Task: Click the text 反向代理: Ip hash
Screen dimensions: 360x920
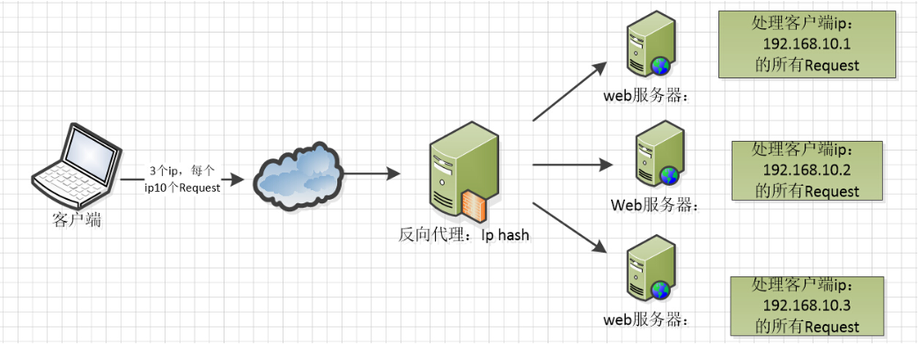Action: tap(464, 235)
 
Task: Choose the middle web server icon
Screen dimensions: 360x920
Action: tap(657, 158)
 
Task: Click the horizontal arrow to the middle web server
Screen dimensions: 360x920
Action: tap(572, 164)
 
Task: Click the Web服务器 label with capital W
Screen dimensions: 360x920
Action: tap(653, 206)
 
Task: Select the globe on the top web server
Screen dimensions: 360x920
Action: tap(661, 65)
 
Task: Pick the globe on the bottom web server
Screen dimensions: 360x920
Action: tap(661, 289)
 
